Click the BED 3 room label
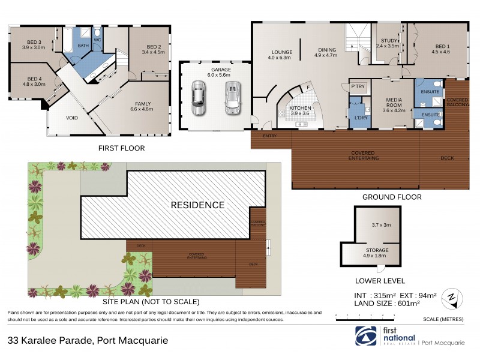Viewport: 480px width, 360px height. click(34, 44)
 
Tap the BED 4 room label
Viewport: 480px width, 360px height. click(34, 80)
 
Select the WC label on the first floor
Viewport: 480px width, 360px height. click(98, 41)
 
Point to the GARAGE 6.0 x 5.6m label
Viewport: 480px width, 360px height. click(214, 72)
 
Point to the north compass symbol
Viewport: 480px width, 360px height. click(451, 296)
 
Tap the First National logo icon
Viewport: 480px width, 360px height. click(364, 337)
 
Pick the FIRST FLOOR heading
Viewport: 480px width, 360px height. click(121, 148)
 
